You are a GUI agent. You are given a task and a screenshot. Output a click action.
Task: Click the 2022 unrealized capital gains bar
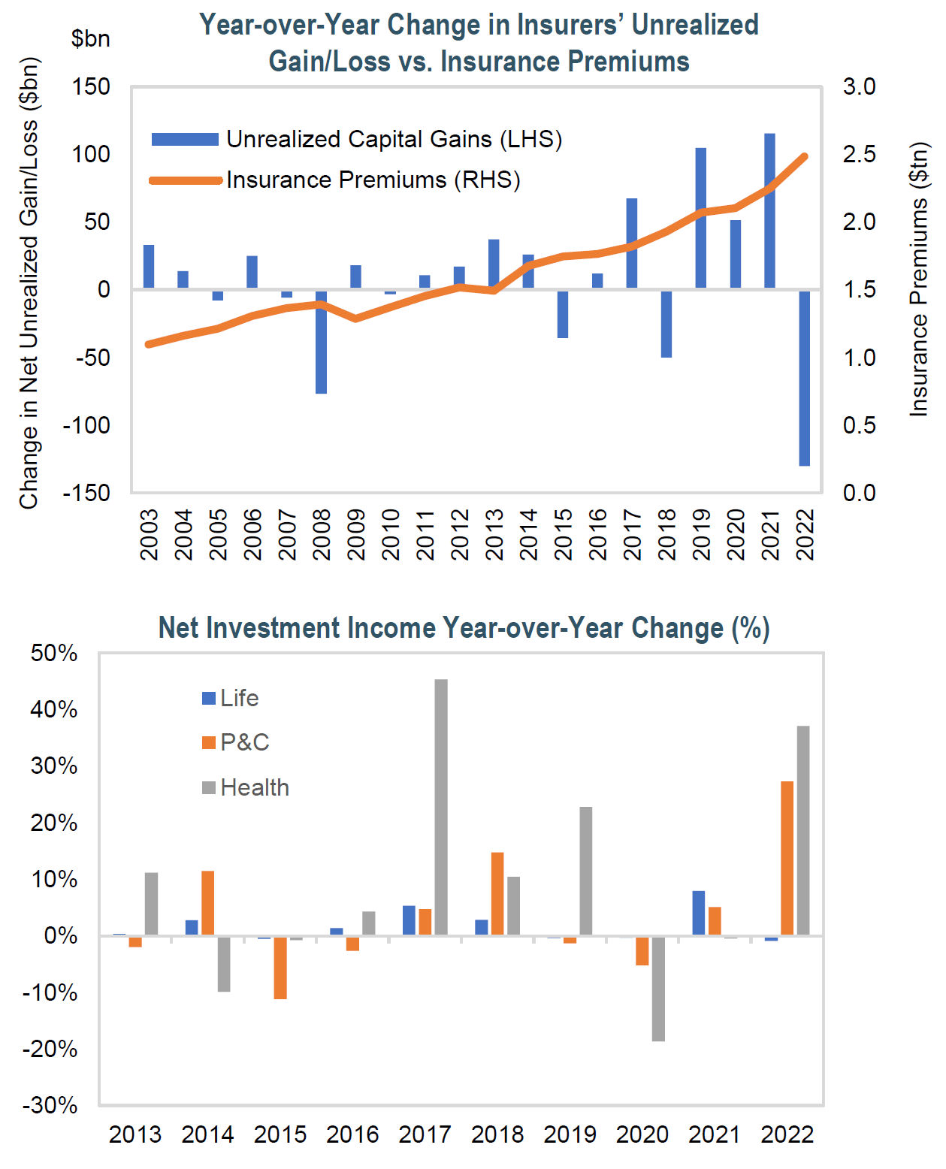point(804,377)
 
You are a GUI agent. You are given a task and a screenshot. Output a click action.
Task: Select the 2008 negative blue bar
point(321,341)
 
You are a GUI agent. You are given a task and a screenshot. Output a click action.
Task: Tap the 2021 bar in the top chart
point(769,211)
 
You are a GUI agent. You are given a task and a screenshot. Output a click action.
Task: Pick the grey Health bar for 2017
point(441,807)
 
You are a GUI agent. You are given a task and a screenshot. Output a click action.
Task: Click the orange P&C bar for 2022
point(787,858)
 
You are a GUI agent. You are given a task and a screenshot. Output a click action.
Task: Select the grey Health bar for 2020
point(658,989)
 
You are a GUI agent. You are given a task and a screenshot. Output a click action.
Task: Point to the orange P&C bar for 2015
point(280,968)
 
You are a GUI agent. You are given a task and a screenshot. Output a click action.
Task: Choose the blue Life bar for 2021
point(699,913)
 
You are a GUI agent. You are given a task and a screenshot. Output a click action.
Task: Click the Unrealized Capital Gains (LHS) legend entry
point(356,139)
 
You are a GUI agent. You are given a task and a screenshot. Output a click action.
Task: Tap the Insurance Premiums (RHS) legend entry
point(335,180)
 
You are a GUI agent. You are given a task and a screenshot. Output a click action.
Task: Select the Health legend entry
point(246,787)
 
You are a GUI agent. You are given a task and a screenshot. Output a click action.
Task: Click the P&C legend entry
point(236,742)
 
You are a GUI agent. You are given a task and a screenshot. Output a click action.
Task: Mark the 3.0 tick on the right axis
point(859,86)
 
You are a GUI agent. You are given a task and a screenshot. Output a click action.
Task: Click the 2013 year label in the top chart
point(494,534)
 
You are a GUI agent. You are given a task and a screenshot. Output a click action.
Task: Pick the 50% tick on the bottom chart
point(54,653)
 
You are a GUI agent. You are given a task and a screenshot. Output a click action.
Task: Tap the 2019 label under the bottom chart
point(570,1134)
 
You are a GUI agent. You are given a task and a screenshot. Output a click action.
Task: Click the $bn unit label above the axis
point(90,38)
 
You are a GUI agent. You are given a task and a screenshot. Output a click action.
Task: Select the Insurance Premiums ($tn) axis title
point(920,278)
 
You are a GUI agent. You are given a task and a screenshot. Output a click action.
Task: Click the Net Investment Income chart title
point(464,628)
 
